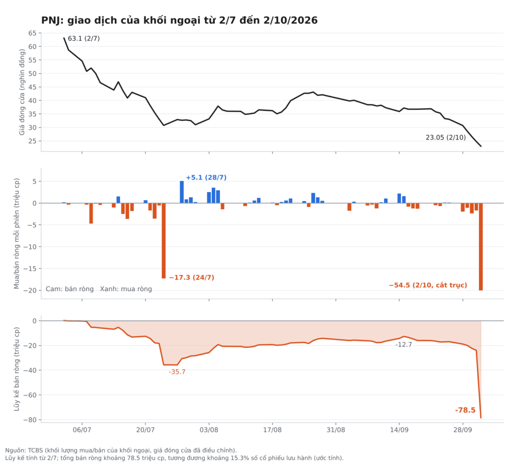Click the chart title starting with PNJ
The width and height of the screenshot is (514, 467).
click(x=179, y=21)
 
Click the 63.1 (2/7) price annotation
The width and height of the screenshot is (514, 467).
click(x=84, y=39)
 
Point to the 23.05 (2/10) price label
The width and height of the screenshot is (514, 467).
click(x=446, y=137)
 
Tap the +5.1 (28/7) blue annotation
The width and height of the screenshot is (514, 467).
click(x=206, y=178)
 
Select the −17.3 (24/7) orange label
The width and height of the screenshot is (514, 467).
click(x=191, y=278)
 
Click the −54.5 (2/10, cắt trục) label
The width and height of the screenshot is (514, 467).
click(x=428, y=285)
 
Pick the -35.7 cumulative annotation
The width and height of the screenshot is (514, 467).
click(x=177, y=372)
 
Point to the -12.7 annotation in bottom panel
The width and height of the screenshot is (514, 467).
click(x=404, y=345)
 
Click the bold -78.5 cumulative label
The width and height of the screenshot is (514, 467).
click(x=465, y=410)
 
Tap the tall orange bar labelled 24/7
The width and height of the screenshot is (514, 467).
click(x=164, y=241)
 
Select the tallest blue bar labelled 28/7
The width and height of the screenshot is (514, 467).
click(x=182, y=192)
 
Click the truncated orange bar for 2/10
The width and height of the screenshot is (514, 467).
click(x=481, y=247)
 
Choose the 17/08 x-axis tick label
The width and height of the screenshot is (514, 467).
click(x=273, y=430)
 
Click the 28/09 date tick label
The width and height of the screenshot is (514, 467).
click(x=463, y=430)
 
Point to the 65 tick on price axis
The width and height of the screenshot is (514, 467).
click(x=33, y=33)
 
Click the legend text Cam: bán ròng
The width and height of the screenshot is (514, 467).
click(x=69, y=289)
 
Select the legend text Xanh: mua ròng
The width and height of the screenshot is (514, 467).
click(x=126, y=289)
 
